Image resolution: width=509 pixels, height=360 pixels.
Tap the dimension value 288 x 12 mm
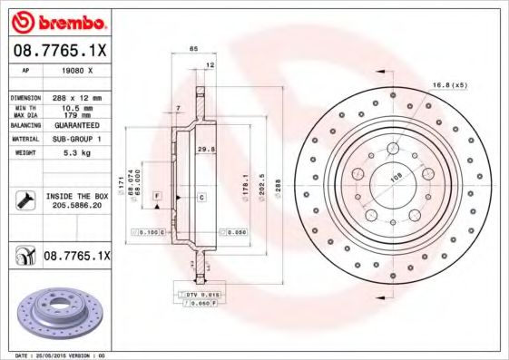(x=76, y=96)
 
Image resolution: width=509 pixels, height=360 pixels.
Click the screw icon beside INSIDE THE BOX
(x=24, y=200)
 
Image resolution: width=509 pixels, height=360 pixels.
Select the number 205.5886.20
(x=76, y=206)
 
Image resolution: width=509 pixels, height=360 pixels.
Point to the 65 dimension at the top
(x=193, y=47)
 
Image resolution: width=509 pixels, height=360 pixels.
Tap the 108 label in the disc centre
(x=396, y=179)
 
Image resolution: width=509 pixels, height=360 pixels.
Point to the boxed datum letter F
(x=157, y=197)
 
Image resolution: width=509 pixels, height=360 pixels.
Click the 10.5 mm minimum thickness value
(x=76, y=108)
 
